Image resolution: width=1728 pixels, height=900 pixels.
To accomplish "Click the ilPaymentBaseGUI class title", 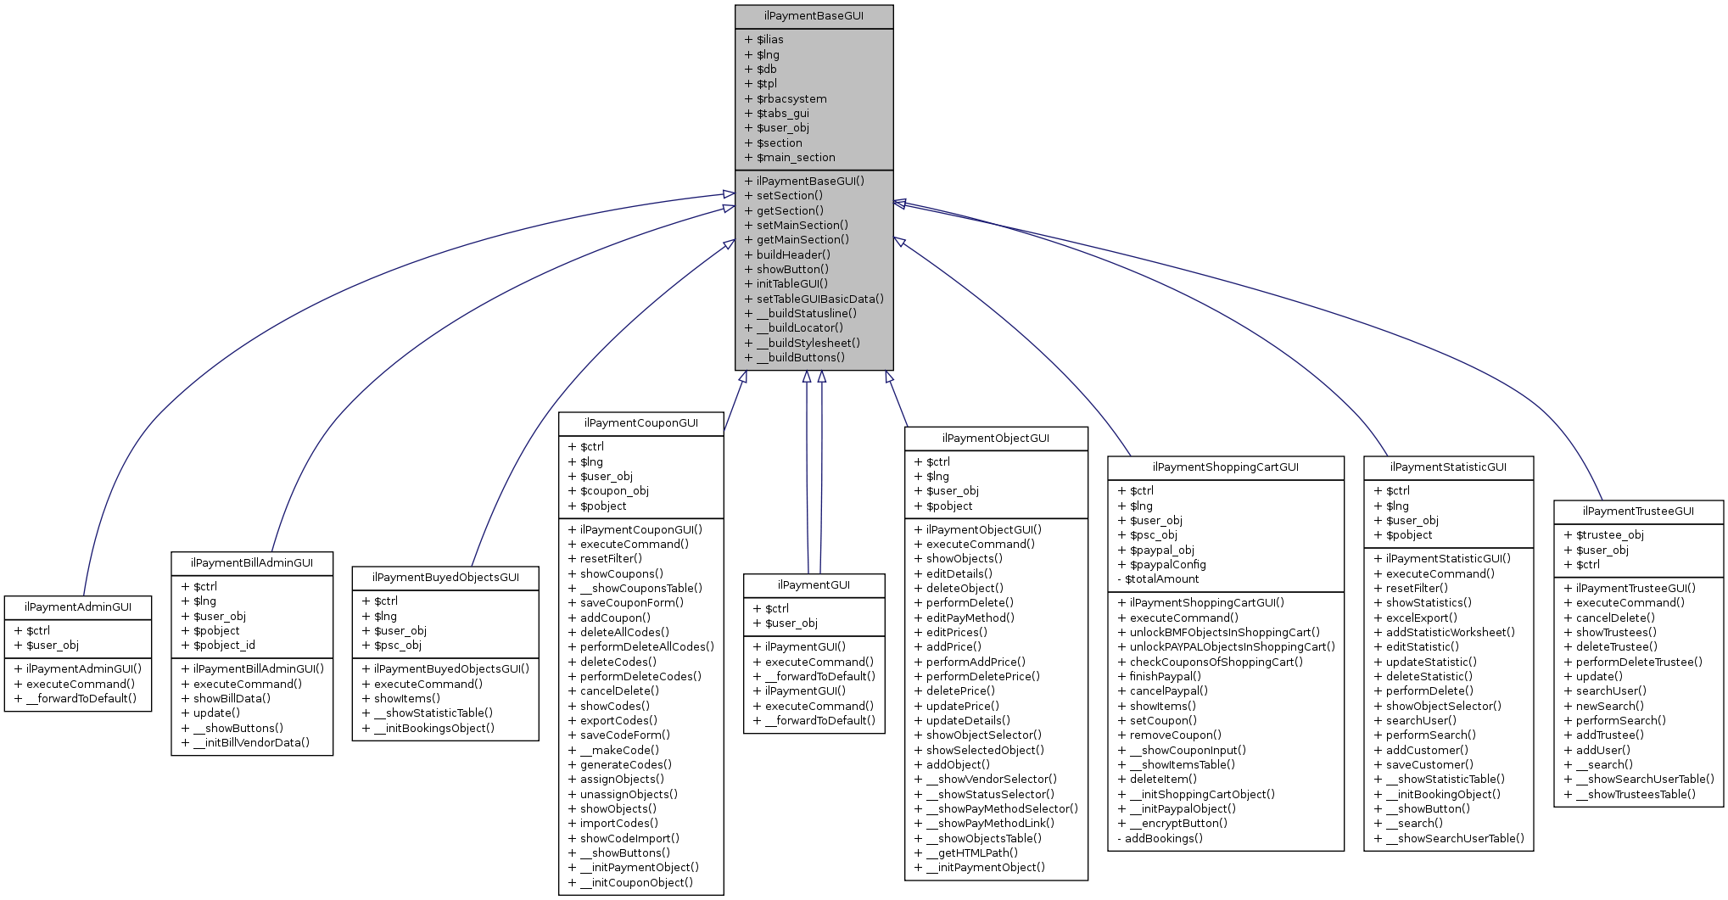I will click(814, 16).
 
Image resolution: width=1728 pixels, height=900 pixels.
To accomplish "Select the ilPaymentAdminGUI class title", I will click(77, 607).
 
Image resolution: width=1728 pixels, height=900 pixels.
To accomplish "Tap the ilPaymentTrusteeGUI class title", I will click(1638, 511).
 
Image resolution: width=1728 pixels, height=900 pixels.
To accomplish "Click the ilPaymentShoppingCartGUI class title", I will click(1225, 467).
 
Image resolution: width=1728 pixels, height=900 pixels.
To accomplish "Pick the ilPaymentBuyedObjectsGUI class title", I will click(445, 578).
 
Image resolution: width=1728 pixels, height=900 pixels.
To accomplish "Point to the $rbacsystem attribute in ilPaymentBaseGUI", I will click(791, 99).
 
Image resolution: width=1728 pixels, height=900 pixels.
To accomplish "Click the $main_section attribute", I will click(795, 158).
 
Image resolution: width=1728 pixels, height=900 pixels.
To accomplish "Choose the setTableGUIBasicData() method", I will click(819, 299).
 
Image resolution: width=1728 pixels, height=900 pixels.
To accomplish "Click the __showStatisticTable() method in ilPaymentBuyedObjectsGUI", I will click(433, 713).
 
